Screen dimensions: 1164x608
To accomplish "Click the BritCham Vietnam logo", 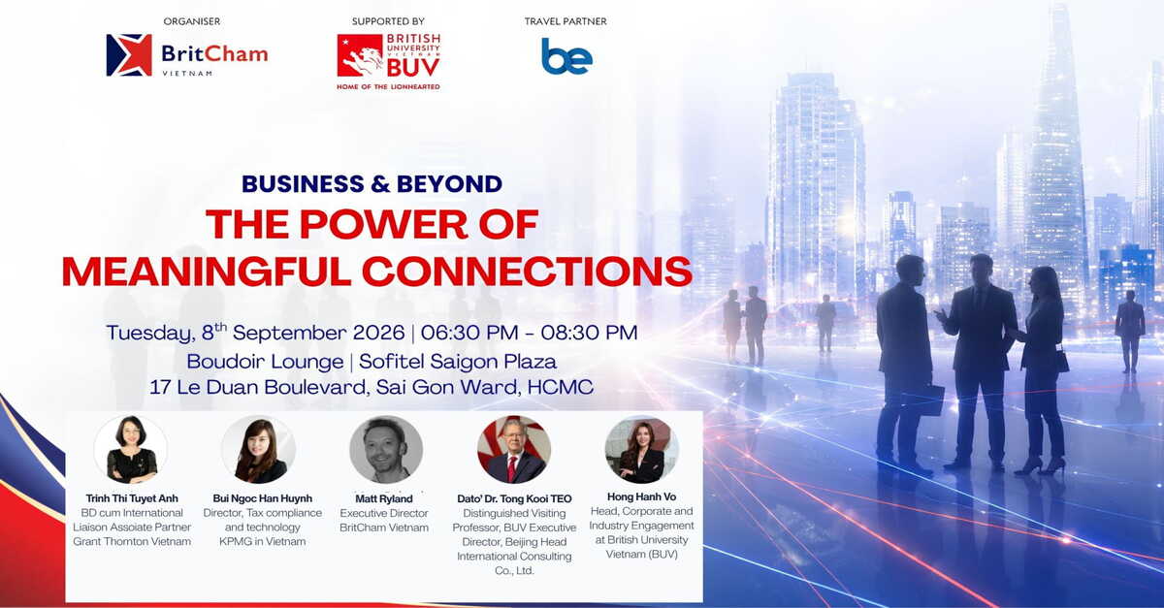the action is [187, 55].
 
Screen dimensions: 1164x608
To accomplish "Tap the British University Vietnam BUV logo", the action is [388, 62].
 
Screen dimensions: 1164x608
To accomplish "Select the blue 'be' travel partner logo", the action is [566, 55].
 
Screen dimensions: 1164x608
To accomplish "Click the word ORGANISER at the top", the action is [192, 21].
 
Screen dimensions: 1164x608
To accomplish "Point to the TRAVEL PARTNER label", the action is [566, 21].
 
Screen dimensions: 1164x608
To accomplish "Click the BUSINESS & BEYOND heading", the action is [372, 184].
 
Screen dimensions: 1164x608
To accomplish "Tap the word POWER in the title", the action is [384, 225].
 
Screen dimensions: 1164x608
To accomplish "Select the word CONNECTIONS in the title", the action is [527, 272].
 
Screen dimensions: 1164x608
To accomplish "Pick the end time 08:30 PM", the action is [589, 333].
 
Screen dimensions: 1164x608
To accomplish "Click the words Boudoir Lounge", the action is [265, 361].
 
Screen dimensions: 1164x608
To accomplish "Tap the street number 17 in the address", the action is [160, 387].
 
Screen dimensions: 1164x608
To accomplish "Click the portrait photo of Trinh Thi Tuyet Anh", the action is [131, 450].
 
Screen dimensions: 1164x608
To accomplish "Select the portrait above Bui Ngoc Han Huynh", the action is [259, 450].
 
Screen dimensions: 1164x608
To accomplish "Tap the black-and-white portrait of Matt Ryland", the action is [386, 450].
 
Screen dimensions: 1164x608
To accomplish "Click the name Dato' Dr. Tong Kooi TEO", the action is [514, 498].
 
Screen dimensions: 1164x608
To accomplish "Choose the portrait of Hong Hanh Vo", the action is [642, 450].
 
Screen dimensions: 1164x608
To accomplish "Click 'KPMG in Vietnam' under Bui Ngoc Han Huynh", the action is [263, 541].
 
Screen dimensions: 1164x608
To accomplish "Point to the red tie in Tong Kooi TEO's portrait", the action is [512, 468].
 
